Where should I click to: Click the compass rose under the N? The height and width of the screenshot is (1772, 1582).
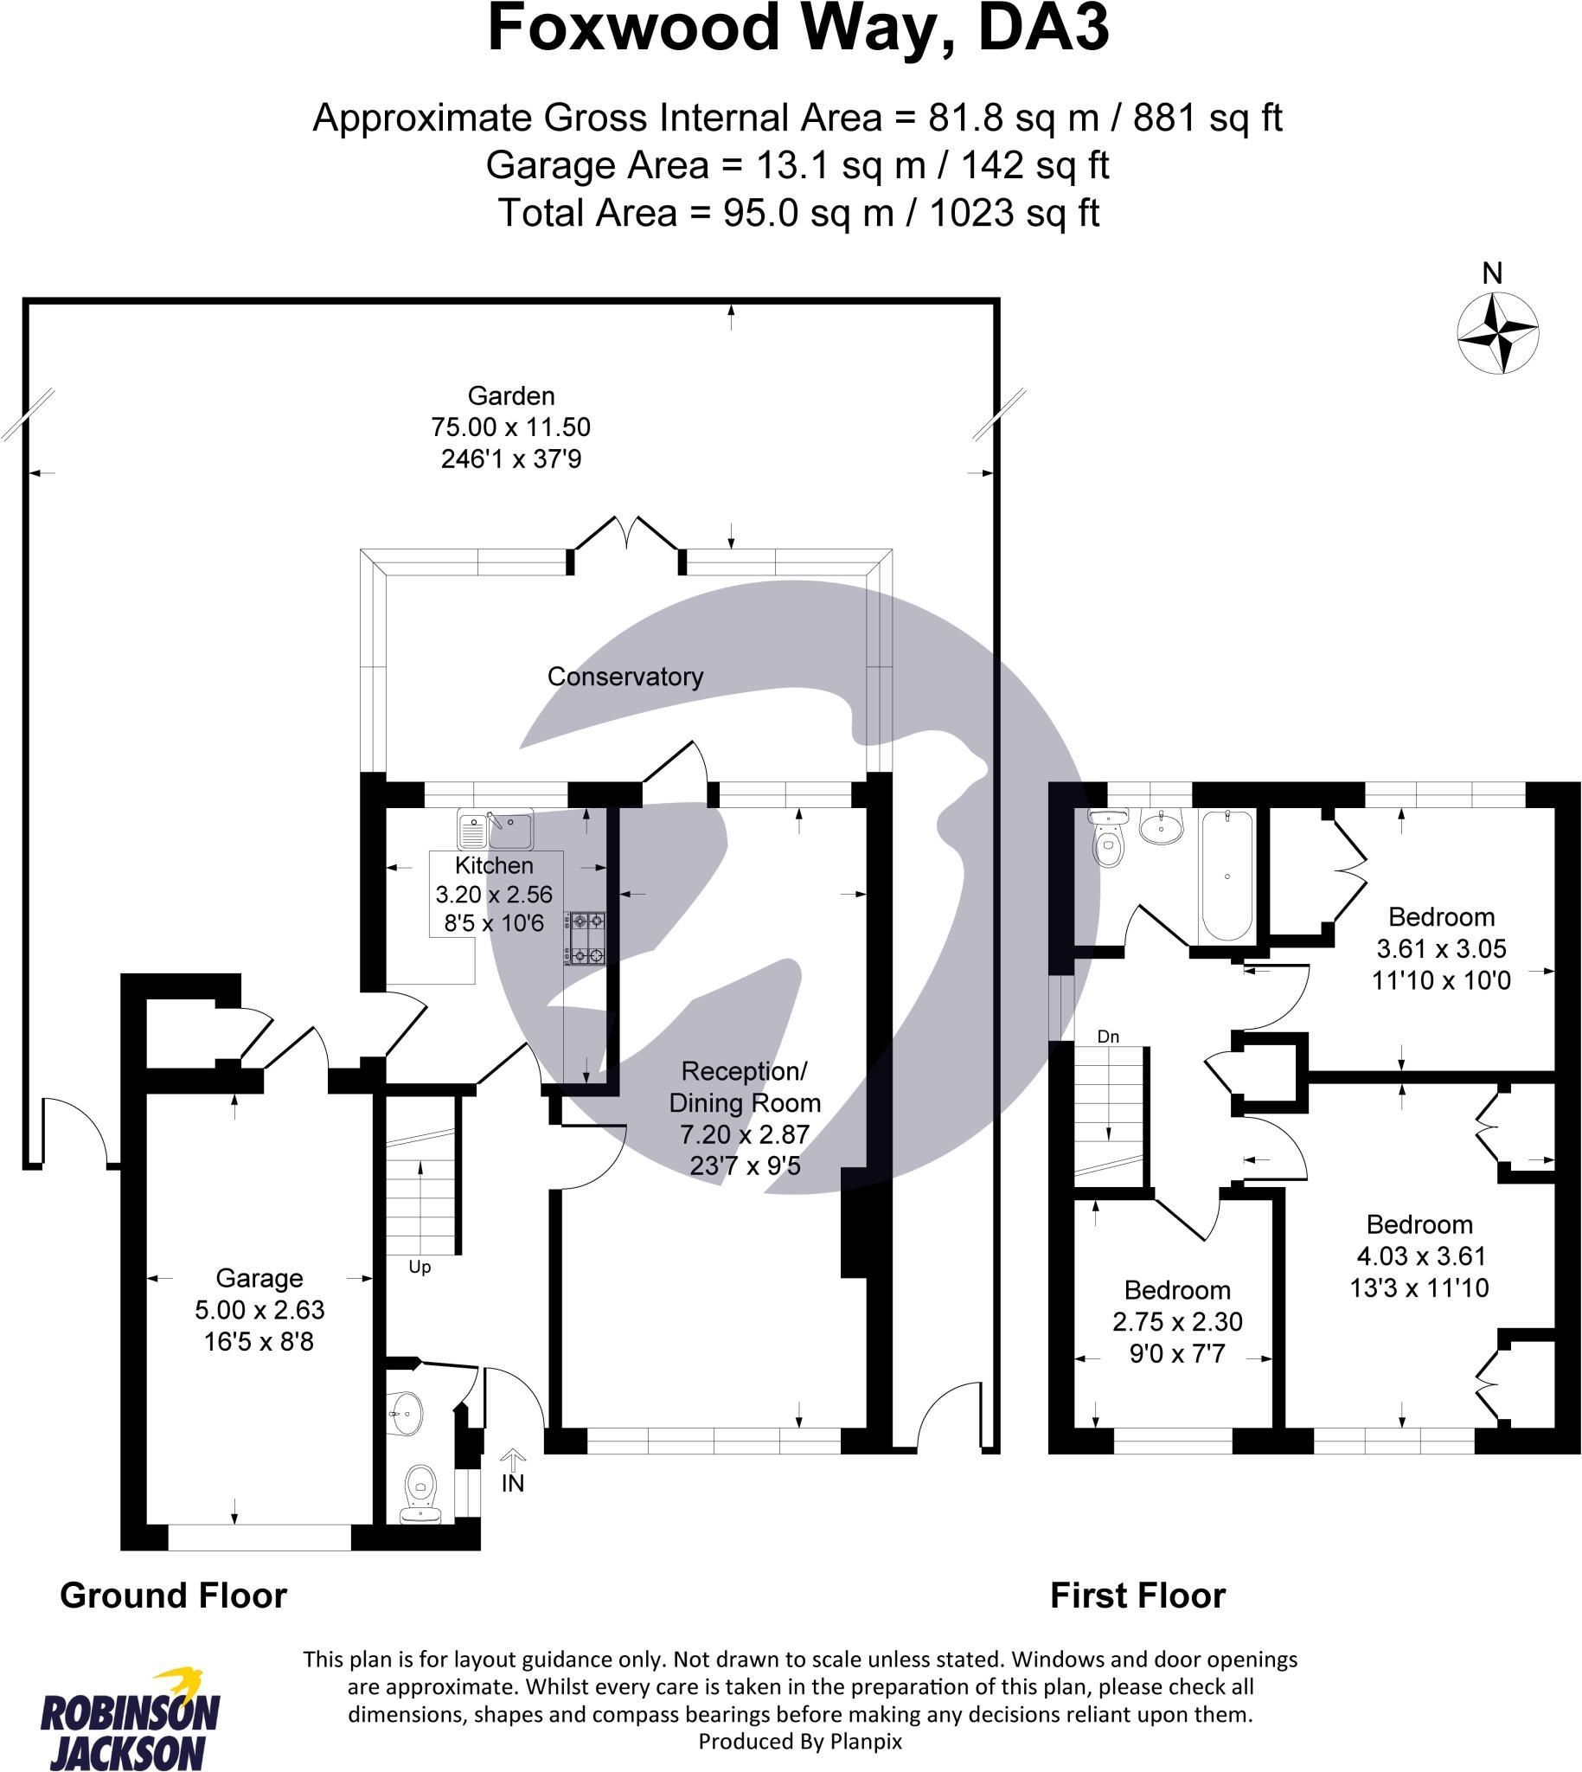[x=1497, y=334]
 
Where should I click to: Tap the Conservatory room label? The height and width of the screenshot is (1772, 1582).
[x=625, y=677]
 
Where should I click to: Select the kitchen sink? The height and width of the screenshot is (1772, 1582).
[x=495, y=830]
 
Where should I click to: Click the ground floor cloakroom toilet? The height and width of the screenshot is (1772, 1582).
[x=421, y=1494]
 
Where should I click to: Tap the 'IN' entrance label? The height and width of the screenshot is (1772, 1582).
[x=513, y=1483]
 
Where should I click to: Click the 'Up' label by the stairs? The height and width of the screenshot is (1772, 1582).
[x=420, y=1268]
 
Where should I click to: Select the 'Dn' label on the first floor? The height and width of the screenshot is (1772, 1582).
[x=1108, y=1037]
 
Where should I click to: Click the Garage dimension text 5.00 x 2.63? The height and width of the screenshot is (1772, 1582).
[x=259, y=1309]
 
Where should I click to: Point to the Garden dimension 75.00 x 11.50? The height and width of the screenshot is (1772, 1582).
[x=511, y=427]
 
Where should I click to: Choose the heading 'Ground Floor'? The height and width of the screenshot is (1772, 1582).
[x=173, y=1595]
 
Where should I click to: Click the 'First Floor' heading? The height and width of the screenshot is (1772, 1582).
[x=1137, y=1595]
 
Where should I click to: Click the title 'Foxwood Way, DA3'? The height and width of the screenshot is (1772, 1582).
[x=798, y=29]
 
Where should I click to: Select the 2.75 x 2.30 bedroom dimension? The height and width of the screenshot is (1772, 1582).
[x=1177, y=1321]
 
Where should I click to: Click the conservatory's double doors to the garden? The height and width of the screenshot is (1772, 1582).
[x=626, y=543]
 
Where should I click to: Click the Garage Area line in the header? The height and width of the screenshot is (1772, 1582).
[x=797, y=165]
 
